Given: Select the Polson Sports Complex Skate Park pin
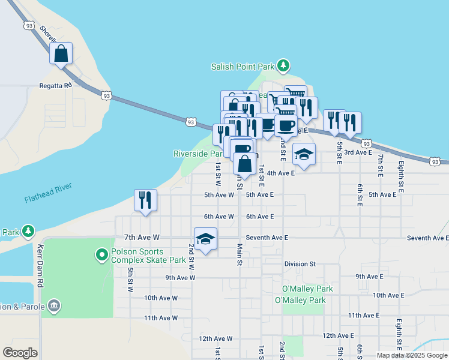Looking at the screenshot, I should [101, 256].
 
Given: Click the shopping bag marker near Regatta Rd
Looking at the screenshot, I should [61, 53].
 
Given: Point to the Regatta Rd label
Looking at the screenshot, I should [56, 85].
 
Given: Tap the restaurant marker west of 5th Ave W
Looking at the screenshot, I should [145, 200].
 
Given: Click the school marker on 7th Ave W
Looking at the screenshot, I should [205, 239].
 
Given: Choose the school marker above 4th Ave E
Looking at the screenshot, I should [304, 154].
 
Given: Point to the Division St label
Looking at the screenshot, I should [300, 263].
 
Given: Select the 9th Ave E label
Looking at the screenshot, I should [369, 276].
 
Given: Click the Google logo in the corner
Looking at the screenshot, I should [20, 353].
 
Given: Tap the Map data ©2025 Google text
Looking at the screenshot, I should [411, 355].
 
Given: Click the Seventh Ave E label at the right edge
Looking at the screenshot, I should [427, 238].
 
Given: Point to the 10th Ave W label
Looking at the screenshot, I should [161, 298].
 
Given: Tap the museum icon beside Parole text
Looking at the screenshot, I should [55, 306].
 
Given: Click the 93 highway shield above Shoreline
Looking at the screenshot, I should [29, 25].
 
